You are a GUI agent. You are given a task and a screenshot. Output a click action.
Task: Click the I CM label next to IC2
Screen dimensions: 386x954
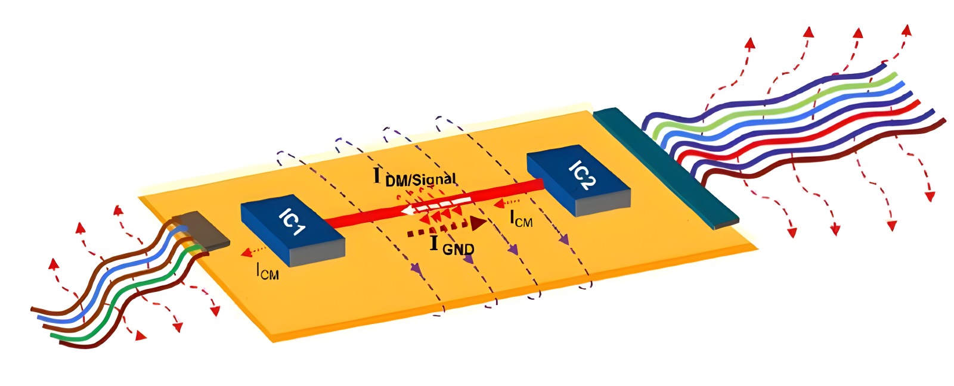[521, 219]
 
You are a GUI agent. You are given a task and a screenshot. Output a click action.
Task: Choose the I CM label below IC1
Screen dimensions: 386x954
[267, 272]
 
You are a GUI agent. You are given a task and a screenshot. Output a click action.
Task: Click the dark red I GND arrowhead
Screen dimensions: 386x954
[478, 223]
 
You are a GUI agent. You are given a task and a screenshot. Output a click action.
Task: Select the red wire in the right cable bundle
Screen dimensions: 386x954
[799, 136]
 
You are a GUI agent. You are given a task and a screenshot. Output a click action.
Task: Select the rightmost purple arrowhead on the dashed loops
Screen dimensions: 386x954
[563, 239]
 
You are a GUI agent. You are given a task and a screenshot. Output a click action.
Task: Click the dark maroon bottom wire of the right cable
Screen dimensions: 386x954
[823, 158]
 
